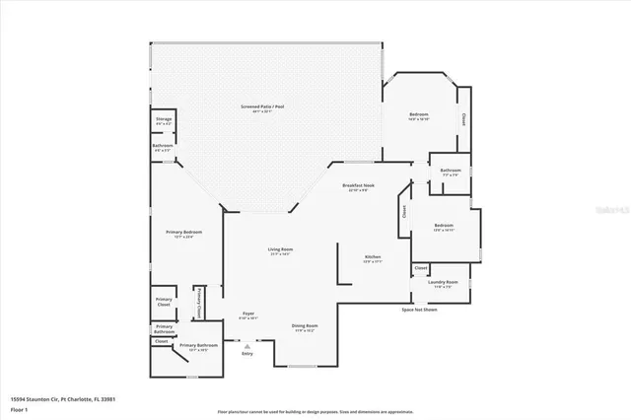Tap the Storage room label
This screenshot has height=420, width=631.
[x=164, y=120]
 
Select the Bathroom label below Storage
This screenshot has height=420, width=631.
[x=163, y=147]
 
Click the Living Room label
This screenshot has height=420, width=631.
[x=281, y=251]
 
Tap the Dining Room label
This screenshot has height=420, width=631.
[x=304, y=327]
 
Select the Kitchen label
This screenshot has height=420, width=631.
[x=372, y=258]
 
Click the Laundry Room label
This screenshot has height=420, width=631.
[x=441, y=284]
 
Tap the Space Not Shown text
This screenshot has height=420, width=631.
[x=419, y=310]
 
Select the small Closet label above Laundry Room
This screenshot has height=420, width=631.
[x=420, y=267]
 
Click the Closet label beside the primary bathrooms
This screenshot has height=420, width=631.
[x=161, y=341]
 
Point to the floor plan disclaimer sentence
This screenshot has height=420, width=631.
[x=315, y=410]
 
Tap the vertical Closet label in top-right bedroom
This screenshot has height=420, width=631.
[x=464, y=119]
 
